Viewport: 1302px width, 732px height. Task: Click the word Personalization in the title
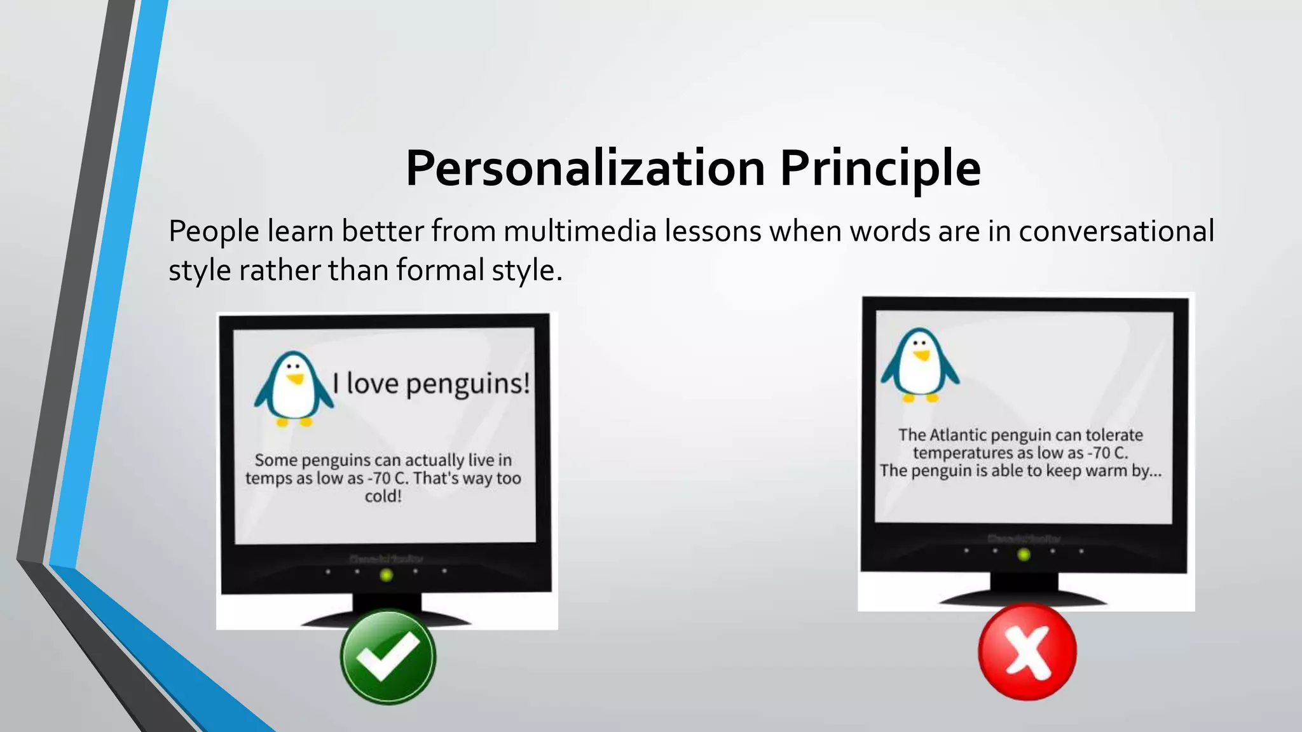585,168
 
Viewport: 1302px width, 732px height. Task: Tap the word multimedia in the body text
580,231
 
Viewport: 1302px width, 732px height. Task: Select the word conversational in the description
1116,231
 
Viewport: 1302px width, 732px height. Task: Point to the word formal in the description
440,270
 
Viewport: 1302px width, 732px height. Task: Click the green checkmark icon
388,657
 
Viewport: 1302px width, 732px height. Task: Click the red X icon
1027,652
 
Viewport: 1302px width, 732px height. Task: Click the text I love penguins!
431,384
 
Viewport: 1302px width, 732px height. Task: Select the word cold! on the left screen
383,496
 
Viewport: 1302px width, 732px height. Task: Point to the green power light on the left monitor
386,575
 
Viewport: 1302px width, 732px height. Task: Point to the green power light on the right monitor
1024,555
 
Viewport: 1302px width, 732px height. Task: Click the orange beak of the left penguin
295,379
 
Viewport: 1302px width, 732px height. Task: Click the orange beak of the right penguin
921,355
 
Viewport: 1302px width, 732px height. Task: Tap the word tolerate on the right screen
1114,435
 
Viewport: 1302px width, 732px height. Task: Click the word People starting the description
214,231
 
